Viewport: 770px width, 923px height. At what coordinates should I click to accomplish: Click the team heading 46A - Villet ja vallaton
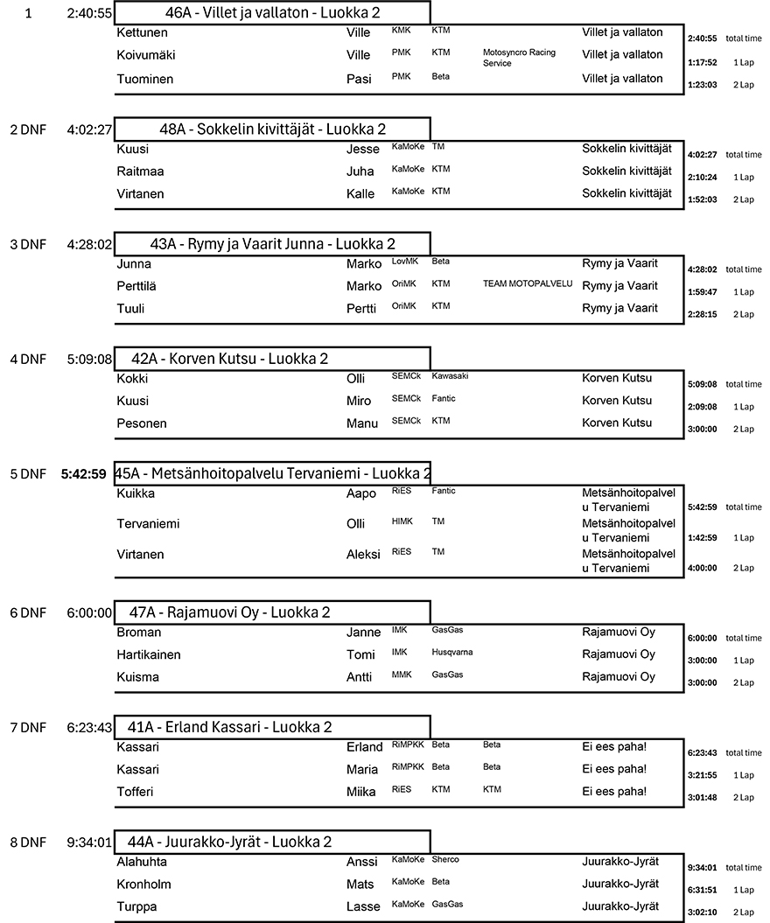coord(271,13)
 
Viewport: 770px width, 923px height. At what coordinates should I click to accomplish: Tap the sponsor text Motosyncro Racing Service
coord(519,58)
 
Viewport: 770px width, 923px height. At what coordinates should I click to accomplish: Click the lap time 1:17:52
coord(703,62)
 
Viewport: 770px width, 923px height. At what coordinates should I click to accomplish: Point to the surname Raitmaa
coord(140,171)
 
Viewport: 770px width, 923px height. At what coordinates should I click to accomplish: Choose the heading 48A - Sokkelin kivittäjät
coord(272,129)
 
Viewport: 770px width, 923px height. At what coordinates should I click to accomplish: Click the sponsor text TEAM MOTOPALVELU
coord(527,283)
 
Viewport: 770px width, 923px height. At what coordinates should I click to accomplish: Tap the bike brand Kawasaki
coord(450,375)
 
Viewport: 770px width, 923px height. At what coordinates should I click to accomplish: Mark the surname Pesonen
coord(142,423)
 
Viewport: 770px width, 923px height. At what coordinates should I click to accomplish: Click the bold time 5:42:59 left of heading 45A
coord(84,474)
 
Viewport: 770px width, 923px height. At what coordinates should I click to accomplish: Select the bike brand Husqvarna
coord(454,652)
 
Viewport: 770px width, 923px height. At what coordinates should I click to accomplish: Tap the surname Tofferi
coord(136,792)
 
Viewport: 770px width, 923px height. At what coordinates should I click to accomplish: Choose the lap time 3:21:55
coord(703,775)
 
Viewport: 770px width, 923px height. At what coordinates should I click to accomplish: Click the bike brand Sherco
coord(445,859)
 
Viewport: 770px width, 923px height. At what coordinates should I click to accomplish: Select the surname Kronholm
coord(143,884)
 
